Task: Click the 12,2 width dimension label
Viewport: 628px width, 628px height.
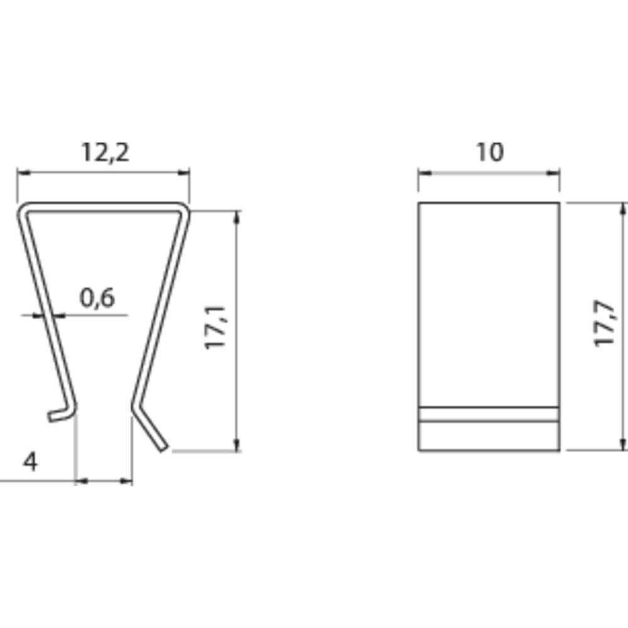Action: pos(106,153)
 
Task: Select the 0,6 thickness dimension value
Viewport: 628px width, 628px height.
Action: pos(97,298)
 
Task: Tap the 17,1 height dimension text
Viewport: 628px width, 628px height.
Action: pos(215,328)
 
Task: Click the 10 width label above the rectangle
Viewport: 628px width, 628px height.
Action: pos(489,152)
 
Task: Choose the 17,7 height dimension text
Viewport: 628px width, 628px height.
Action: pos(604,323)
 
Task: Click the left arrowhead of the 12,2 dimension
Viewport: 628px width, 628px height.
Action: pos(23,173)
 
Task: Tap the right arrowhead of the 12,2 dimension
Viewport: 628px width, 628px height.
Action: pos(184,173)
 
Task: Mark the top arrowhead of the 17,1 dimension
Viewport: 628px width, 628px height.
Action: pos(237,217)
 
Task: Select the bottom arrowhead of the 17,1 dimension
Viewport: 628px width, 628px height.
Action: pos(237,445)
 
